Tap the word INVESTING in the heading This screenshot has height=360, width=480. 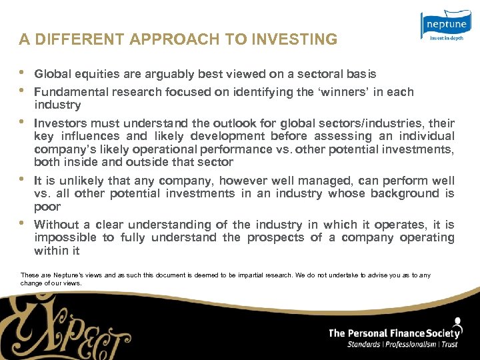click(x=301, y=39)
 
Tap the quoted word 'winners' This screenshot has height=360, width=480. click(x=341, y=92)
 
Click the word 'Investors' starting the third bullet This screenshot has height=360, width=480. click(x=61, y=123)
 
